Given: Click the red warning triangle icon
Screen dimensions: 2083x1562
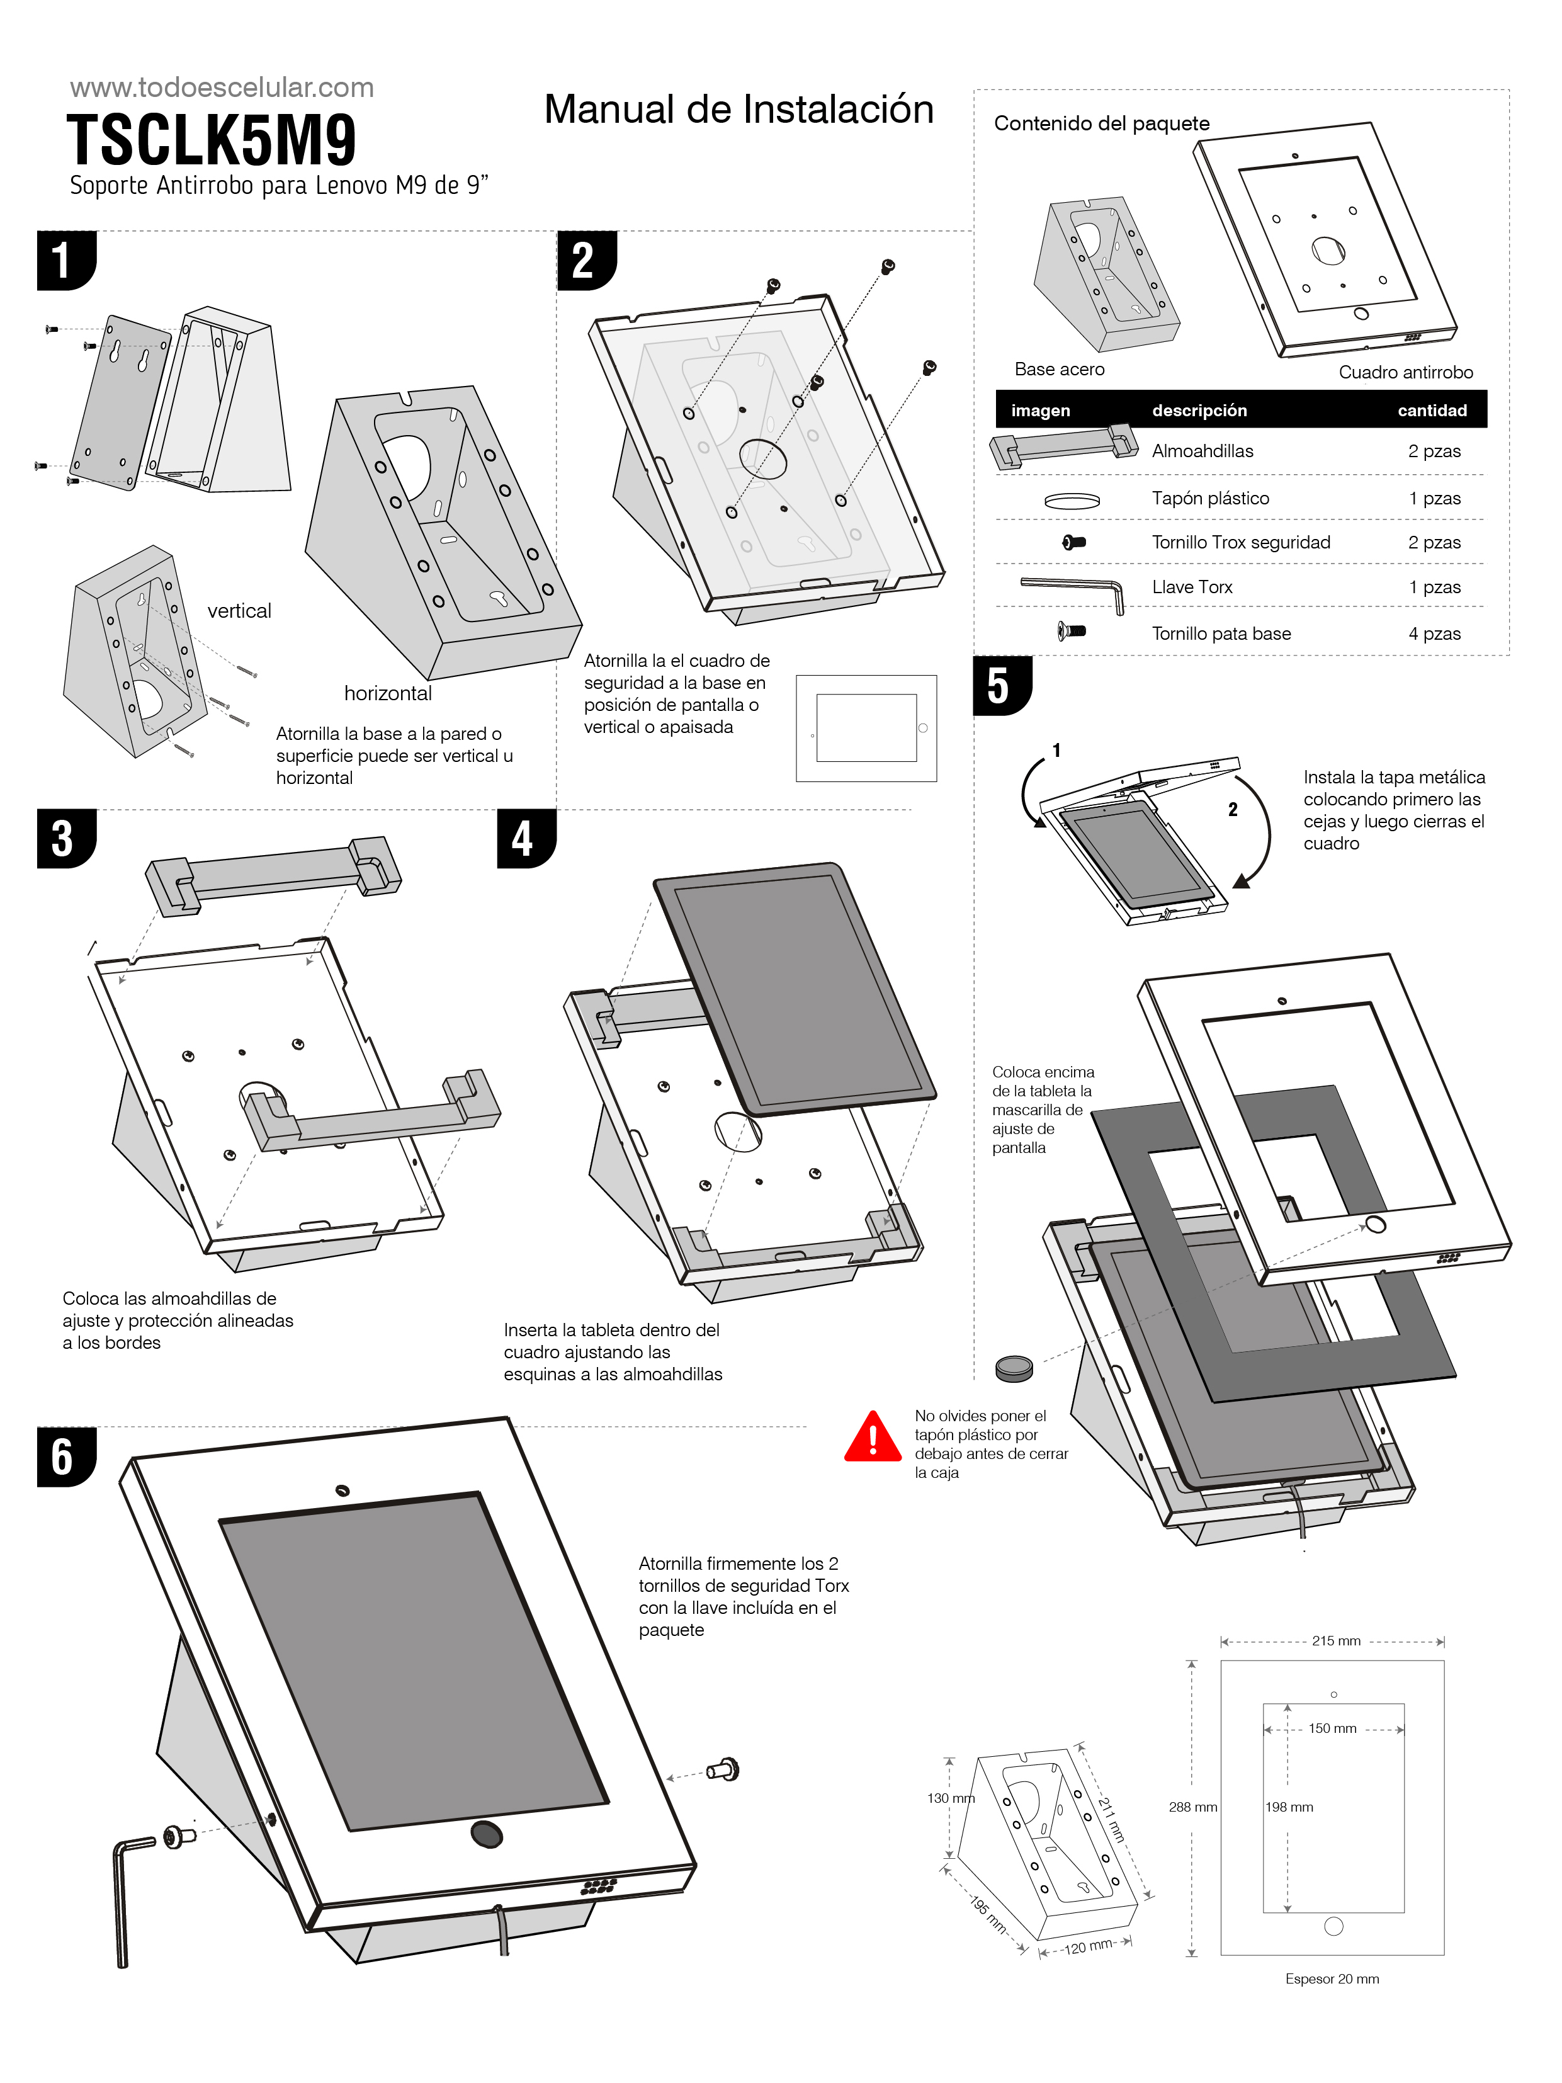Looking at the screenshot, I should click(873, 1438).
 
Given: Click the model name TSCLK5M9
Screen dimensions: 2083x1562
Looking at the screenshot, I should click(212, 141).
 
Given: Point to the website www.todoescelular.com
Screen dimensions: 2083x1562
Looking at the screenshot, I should click(222, 88).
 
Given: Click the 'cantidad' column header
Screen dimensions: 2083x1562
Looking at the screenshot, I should click(1431, 411).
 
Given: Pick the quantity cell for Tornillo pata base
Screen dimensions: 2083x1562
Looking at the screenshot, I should click(1434, 633).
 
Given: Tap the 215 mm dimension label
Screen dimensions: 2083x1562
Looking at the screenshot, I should click(1335, 1640).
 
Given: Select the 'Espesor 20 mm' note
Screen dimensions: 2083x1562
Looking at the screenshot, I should click(1332, 1978).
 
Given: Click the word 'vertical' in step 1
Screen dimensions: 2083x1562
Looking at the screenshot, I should click(239, 611).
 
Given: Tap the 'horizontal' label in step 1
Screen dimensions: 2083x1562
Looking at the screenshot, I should click(388, 694).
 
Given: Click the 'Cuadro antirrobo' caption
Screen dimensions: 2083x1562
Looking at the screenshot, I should click(1405, 372).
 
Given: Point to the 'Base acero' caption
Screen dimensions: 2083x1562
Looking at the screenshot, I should click(1059, 369).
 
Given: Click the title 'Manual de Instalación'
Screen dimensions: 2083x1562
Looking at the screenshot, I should click(738, 109).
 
